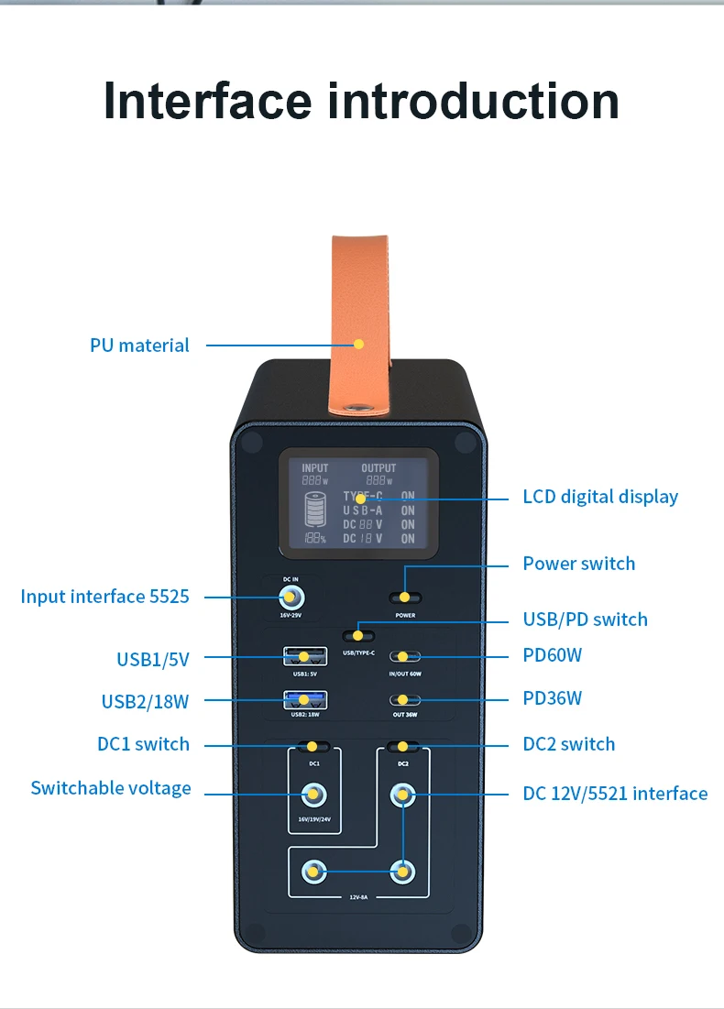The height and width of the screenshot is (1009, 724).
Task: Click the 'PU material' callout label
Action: (x=139, y=345)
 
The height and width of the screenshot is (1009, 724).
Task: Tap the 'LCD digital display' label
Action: (x=600, y=497)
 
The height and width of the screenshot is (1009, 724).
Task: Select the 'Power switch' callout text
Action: (x=578, y=563)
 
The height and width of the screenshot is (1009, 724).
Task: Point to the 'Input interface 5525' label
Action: (x=104, y=597)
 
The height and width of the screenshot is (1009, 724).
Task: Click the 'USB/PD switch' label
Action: (x=585, y=620)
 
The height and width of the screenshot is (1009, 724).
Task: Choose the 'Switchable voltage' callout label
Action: (x=111, y=788)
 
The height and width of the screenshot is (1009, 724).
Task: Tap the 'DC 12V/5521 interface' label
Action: (x=615, y=794)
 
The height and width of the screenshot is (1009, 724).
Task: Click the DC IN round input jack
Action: (x=291, y=598)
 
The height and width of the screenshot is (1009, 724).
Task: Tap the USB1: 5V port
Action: (x=304, y=656)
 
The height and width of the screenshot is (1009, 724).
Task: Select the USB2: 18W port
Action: (x=304, y=701)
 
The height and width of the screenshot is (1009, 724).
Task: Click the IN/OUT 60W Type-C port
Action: (x=404, y=657)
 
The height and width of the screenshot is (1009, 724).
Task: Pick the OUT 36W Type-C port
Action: (x=404, y=700)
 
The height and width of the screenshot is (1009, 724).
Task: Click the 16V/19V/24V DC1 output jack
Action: (x=314, y=794)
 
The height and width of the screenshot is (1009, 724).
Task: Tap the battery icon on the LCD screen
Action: (x=315, y=509)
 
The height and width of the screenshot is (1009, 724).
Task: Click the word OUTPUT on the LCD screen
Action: (x=378, y=468)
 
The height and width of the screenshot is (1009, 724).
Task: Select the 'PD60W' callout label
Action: (x=552, y=655)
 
